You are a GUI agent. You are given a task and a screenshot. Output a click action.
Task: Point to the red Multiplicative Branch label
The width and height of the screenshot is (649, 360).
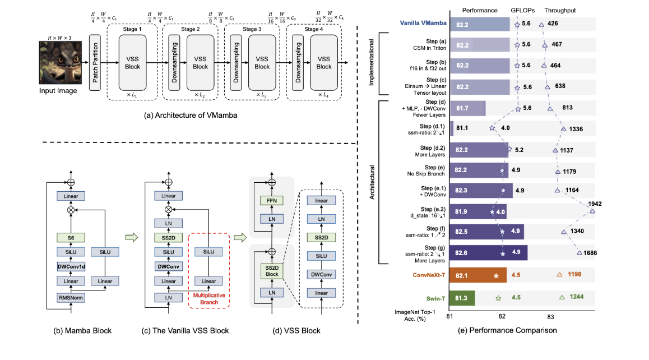209,298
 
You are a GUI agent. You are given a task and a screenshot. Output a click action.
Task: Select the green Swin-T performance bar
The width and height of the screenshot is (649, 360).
462,298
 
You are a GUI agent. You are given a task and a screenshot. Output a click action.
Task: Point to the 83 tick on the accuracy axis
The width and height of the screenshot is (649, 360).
551,317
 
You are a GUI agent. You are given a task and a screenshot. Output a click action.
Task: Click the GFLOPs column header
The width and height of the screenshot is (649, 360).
524,10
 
